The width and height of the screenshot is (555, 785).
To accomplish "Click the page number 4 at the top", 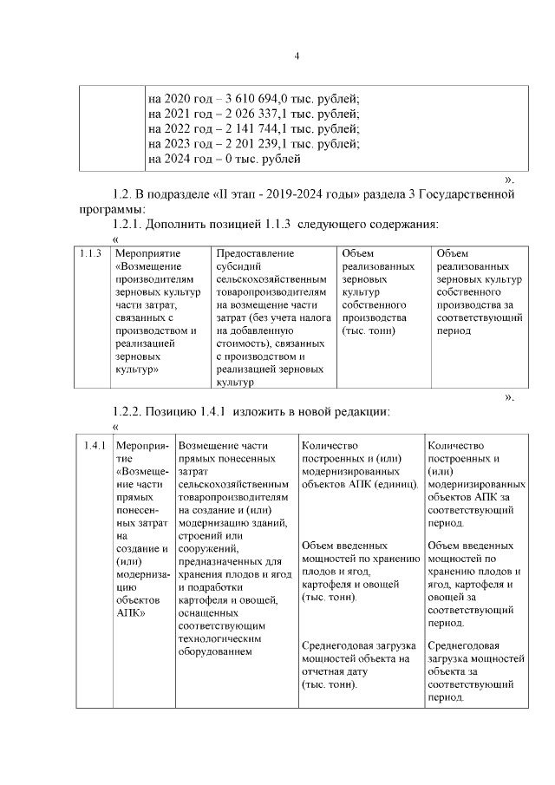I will point(297,57).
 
